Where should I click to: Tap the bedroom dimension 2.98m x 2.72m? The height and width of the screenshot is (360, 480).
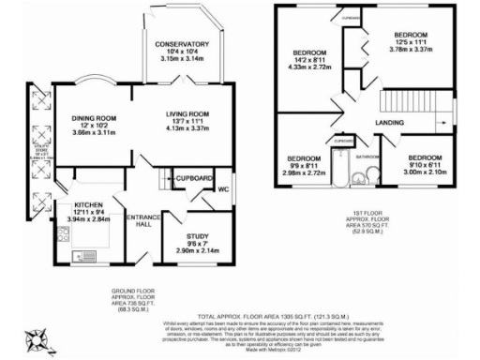[x=304, y=172]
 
